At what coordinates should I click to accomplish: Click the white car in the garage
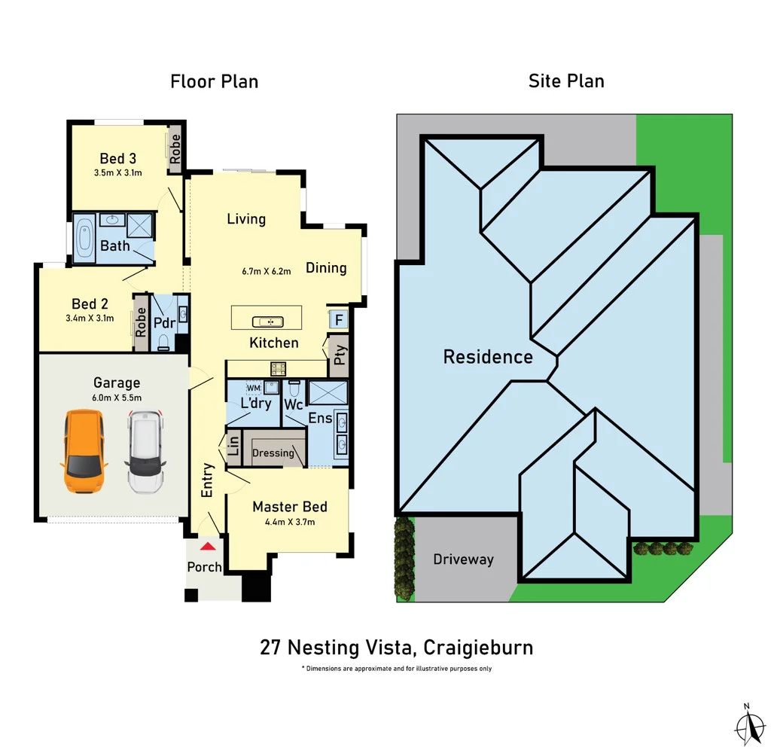point(145,451)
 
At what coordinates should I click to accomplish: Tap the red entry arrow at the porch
point(207,546)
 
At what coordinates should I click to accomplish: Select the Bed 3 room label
point(118,159)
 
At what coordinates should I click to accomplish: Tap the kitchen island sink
point(267,322)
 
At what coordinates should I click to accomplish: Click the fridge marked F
point(338,319)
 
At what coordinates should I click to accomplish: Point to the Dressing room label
point(273,453)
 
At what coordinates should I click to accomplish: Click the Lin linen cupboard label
point(233,447)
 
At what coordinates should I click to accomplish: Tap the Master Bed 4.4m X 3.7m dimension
point(289,522)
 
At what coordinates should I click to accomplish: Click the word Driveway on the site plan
point(463,559)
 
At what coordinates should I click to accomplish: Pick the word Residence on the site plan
point(488,357)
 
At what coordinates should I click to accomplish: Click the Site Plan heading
point(566,81)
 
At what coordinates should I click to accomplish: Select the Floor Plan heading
point(215,81)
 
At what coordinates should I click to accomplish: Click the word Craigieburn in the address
point(478,647)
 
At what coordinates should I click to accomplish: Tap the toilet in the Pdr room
point(164,343)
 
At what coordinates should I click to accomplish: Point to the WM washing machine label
point(253,387)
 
